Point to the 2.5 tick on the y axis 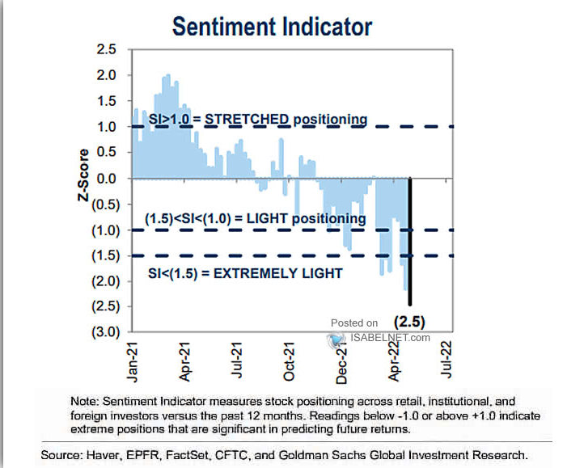[x=107, y=50]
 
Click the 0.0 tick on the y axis [x=107, y=179]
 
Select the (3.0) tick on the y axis [x=104, y=332]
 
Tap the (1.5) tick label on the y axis [x=104, y=255]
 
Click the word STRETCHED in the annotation [x=244, y=120]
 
